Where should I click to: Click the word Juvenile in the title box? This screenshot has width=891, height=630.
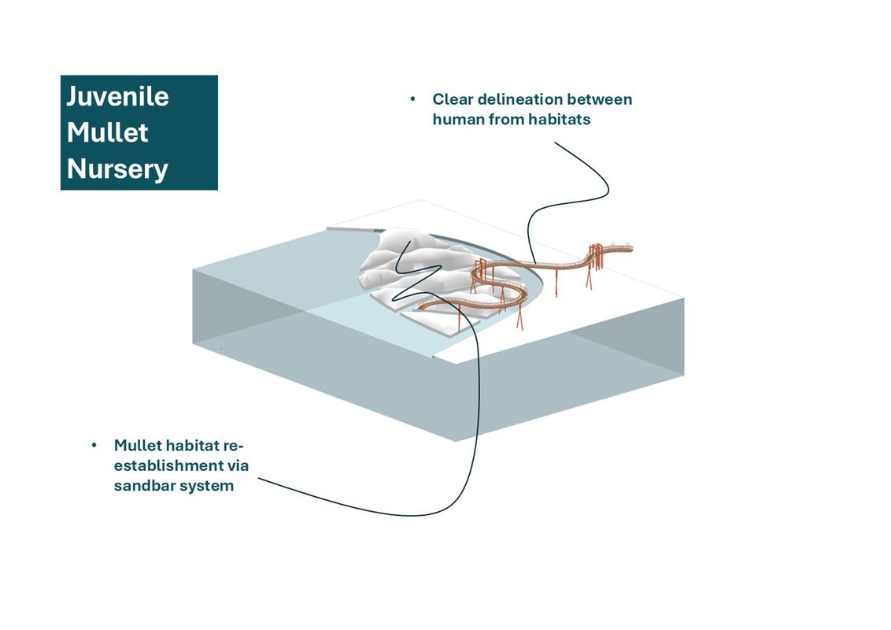point(117,97)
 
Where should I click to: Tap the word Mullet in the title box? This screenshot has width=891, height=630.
point(107,132)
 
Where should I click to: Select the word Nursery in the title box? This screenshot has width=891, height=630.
point(117,169)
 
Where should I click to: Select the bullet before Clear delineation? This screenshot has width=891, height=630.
point(412,100)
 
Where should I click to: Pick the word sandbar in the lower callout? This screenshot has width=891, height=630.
point(145,485)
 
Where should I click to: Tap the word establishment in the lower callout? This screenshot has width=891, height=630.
point(161,465)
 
